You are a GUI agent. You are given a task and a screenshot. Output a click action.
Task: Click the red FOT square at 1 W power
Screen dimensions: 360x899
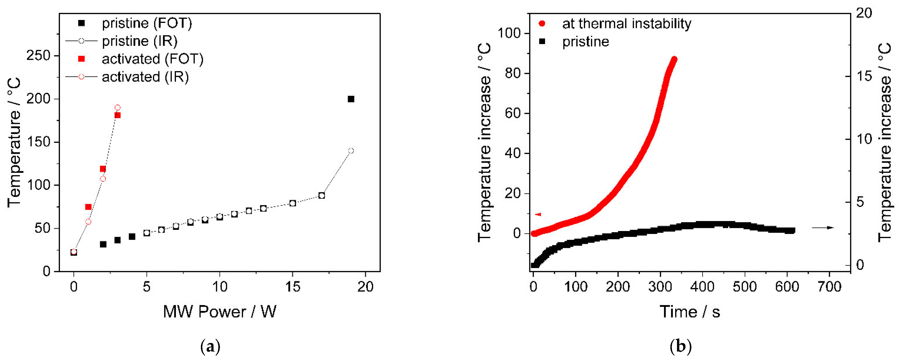click(88, 207)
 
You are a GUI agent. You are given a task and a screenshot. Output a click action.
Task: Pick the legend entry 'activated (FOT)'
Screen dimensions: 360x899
click(152, 59)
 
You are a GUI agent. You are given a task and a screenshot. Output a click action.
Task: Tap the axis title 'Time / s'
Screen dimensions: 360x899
click(690, 311)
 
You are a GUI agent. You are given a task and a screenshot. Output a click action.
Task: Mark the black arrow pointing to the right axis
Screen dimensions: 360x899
click(823, 228)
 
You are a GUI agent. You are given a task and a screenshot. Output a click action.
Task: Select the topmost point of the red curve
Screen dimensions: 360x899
click(674, 59)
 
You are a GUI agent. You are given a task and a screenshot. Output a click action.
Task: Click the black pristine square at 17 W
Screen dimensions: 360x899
click(322, 196)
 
